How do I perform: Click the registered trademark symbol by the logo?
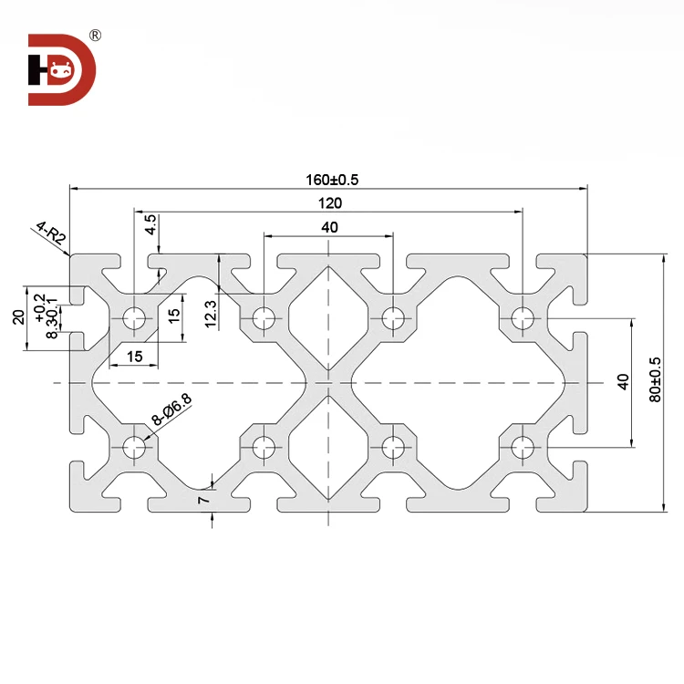(96, 36)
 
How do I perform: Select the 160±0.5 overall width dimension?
(328, 180)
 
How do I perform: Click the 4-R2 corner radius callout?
(50, 234)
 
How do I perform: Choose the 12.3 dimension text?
(210, 314)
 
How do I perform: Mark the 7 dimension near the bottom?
(204, 499)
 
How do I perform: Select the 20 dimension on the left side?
(17, 316)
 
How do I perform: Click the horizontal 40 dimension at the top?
(329, 226)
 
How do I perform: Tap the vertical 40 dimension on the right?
(624, 382)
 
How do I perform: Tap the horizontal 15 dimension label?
(135, 357)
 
